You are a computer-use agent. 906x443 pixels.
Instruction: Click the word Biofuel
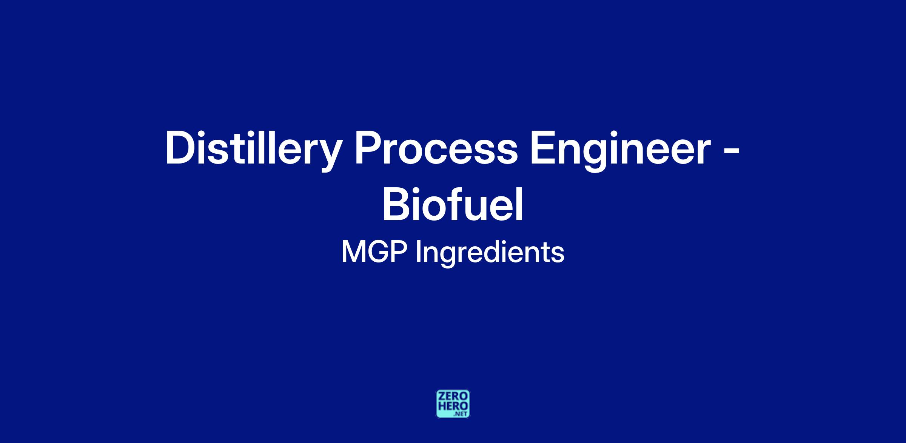(453, 204)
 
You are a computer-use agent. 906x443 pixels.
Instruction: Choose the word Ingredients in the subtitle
(490, 254)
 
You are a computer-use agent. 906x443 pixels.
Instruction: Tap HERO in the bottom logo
(453, 406)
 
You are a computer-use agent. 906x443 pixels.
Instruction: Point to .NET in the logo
(461, 414)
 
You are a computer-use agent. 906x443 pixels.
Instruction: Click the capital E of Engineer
(544, 148)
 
